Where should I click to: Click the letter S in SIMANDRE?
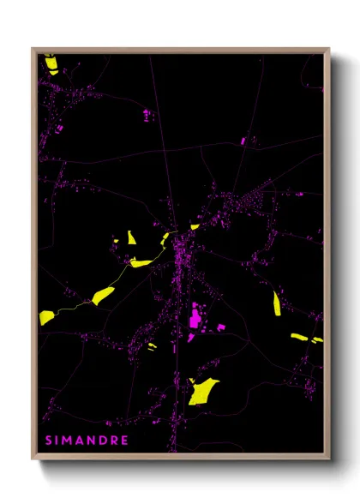coord(49,441)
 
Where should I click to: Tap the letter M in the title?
coord(70,441)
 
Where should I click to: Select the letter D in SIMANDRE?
coord(107,441)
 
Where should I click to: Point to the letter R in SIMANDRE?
coord(117,441)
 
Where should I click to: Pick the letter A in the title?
coord(83,441)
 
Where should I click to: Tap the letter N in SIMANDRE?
coord(95,441)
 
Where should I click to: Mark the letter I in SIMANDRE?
coord(58,441)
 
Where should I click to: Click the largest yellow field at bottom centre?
coord(203,390)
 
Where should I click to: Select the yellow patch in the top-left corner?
coord(51,64)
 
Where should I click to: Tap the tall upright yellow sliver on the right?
coord(277,303)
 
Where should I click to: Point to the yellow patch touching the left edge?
coord(46,317)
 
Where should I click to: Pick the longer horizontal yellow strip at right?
coord(299,337)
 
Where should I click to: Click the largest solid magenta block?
coord(195,319)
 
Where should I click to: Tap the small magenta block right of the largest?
coord(220,327)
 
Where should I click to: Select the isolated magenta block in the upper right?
coord(243,140)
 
